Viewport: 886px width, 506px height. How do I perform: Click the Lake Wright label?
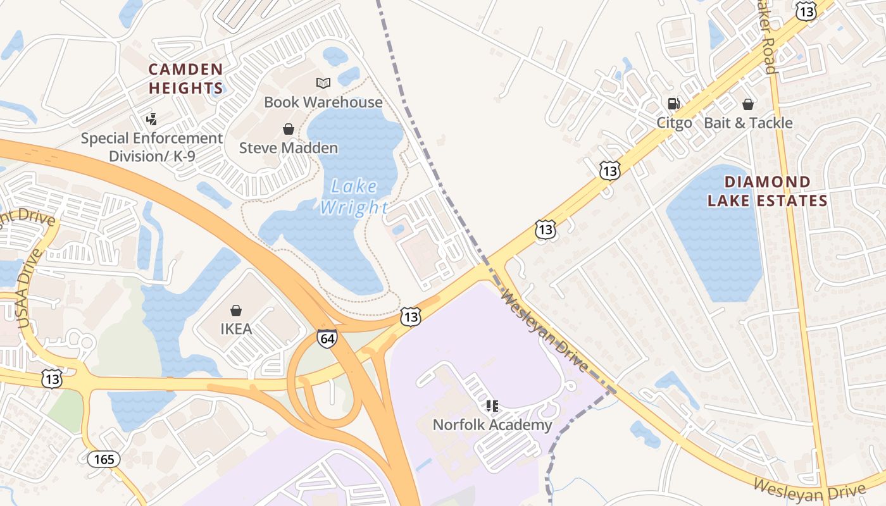[354, 197]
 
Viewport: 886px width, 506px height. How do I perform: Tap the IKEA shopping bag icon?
[236, 311]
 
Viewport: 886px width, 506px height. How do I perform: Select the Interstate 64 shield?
[327, 339]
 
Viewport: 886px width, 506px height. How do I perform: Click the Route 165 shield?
[103, 459]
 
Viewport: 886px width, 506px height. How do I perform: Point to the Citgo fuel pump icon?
[673, 104]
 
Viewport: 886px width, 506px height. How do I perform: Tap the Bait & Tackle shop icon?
[748, 104]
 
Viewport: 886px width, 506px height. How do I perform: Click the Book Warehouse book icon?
[323, 83]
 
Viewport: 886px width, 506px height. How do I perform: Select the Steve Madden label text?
[289, 148]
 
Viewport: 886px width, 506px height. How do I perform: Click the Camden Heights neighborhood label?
[185, 78]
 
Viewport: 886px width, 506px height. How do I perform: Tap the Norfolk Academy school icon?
[492, 405]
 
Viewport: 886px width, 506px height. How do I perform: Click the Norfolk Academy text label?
[492, 425]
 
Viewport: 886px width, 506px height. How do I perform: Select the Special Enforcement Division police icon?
[151, 118]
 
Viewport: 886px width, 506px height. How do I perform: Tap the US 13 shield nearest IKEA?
[411, 316]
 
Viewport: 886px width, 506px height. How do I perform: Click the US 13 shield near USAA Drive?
[52, 378]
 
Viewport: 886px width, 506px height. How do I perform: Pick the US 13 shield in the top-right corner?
[806, 11]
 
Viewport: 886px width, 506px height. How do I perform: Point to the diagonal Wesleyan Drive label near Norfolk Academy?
[545, 330]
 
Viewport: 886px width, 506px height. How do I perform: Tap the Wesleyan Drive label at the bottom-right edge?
[809, 488]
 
